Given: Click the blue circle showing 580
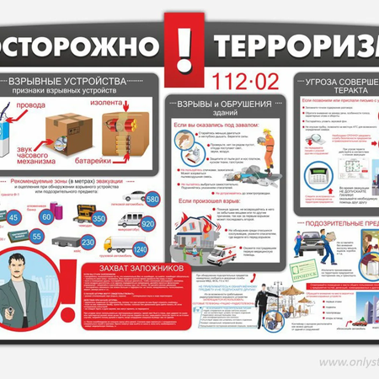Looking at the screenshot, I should coord(152,200).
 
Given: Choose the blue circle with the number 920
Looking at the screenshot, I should coord(149,225).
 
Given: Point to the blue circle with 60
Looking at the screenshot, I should coord(48,217).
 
